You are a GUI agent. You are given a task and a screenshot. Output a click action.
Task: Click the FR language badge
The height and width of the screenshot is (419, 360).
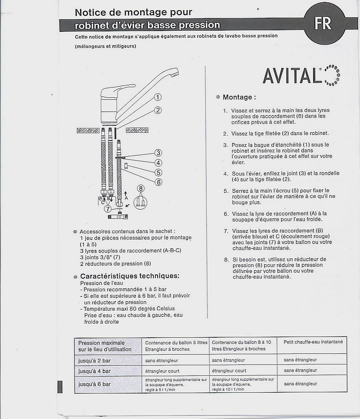[x=323, y=24]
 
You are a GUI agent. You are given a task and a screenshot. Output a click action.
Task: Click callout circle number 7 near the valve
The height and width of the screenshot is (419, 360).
[x=108, y=209]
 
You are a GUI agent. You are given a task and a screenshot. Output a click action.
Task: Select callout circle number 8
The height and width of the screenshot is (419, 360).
[x=141, y=188]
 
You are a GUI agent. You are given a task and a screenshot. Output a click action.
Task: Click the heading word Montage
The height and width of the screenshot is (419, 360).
[x=237, y=97]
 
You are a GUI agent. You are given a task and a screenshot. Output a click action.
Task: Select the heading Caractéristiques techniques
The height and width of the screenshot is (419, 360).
[x=130, y=276]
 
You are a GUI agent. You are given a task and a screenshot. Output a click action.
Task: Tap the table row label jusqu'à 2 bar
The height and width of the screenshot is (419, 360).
[x=94, y=360]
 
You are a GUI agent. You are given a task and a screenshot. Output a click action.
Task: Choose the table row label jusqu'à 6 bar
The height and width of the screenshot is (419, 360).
[x=94, y=384]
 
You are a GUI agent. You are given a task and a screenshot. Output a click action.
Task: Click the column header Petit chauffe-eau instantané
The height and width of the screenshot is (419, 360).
[x=313, y=342]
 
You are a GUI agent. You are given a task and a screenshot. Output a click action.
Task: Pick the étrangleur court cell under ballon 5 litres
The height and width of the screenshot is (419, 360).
[x=162, y=371]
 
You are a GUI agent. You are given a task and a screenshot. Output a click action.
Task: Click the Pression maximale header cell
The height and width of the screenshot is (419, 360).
[x=105, y=346]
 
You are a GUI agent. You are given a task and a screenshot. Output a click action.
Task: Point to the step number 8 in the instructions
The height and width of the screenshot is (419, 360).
[x=226, y=260]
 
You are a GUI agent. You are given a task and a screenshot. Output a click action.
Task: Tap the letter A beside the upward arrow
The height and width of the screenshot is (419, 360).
[x=126, y=198]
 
